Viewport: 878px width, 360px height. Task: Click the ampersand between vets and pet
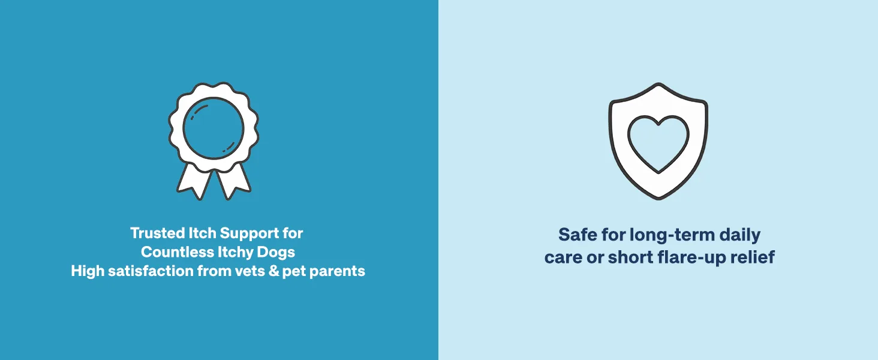click(273, 271)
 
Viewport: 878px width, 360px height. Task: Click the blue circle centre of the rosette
click(214, 128)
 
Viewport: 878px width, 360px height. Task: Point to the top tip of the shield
click(659, 83)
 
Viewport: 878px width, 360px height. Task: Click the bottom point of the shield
click(659, 199)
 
